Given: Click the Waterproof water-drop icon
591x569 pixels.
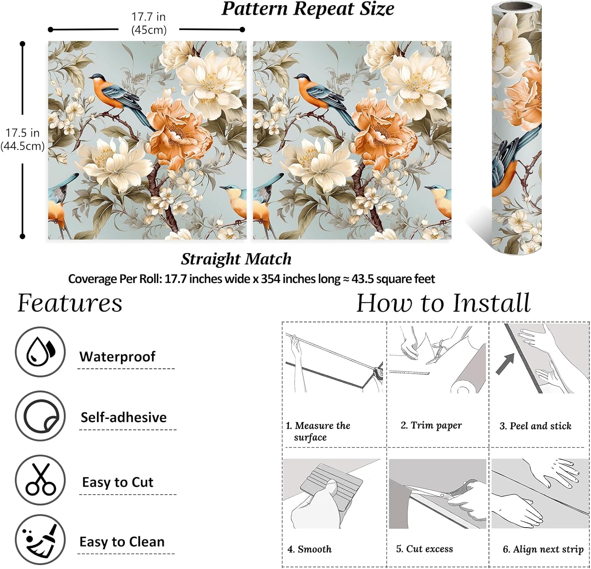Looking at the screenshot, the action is (x=40, y=352).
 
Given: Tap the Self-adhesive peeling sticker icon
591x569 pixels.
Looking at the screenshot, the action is (x=40, y=416).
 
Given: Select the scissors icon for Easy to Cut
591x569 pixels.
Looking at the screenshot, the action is (x=40, y=480).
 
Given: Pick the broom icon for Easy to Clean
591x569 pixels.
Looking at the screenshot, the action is (x=40, y=539).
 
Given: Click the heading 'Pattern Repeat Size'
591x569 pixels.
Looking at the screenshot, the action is (x=308, y=9).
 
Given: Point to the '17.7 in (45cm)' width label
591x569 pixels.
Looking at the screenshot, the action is (x=149, y=23).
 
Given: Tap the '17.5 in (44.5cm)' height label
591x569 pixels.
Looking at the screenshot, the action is (x=22, y=139).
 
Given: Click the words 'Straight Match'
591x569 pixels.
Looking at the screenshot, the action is (x=236, y=259).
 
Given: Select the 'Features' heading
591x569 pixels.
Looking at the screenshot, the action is (x=70, y=303).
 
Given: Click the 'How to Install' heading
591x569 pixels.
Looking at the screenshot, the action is (x=443, y=303).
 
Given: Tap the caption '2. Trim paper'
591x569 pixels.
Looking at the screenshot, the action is (x=431, y=425).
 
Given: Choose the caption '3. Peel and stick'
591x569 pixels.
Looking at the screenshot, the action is (x=535, y=426).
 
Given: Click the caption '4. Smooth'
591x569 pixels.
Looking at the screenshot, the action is (x=309, y=549).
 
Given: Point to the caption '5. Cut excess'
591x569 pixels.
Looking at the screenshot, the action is (x=424, y=549).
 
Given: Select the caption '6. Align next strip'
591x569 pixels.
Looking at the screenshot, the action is (x=543, y=549).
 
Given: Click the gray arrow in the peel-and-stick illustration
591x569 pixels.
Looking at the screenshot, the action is (x=505, y=363).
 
